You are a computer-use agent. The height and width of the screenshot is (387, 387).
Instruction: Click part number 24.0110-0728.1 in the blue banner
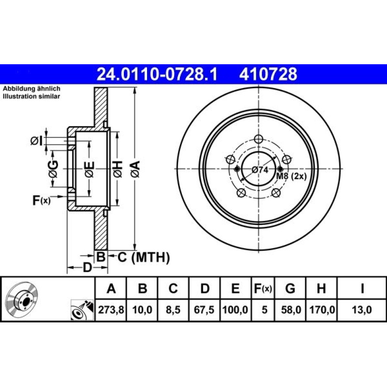(157, 74)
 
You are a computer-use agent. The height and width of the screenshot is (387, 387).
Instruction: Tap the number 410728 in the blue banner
(268, 74)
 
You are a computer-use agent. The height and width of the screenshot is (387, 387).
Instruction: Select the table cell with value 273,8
(111, 310)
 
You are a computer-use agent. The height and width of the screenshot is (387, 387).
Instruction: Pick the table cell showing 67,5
(204, 310)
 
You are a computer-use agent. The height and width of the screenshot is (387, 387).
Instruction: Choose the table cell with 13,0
(361, 310)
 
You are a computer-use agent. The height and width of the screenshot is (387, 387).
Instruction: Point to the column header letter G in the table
(290, 288)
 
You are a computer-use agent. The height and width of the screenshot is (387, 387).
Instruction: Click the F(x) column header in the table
(263, 288)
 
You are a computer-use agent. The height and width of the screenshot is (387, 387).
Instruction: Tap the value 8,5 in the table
(173, 310)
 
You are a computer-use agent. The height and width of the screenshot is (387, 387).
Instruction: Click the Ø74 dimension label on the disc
(260, 170)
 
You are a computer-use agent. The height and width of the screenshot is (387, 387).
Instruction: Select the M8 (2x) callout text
(291, 176)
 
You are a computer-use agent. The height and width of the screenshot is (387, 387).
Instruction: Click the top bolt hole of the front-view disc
(259, 139)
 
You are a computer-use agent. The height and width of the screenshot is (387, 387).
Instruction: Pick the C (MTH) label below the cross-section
(144, 257)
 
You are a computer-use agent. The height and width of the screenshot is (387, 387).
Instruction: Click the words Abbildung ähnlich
(32, 89)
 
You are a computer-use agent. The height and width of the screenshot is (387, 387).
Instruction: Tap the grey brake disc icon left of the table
(22, 298)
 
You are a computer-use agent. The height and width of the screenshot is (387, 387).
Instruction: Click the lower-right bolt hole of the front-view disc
(276, 192)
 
